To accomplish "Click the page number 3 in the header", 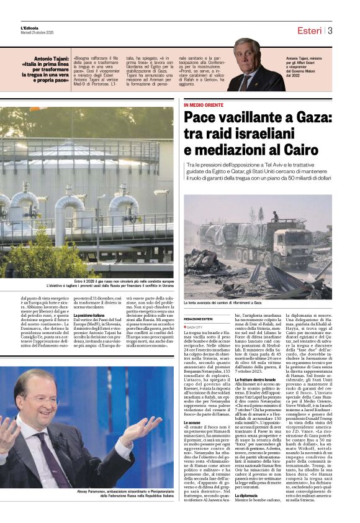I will [x=330, y=30].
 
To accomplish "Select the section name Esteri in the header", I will [x=309, y=30].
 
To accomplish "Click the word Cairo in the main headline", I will [x=302, y=150].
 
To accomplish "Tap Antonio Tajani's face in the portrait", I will [x=246, y=58].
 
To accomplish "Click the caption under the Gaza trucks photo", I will [x=223, y=303].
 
